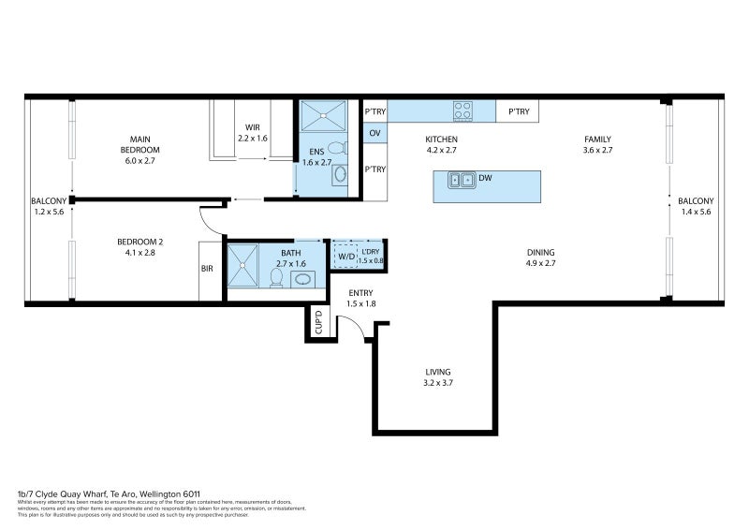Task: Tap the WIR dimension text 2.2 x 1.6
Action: pyautogui.click(x=252, y=139)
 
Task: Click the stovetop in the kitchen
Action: pyautogui.click(x=463, y=111)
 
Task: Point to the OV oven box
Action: pyautogui.click(x=374, y=134)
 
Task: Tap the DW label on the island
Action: pyautogui.click(x=485, y=178)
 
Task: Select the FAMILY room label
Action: pyautogui.click(x=596, y=140)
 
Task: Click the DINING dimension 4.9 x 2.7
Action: pyautogui.click(x=540, y=263)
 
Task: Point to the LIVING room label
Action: pyautogui.click(x=439, y=372)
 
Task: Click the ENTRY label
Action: pyautogui.click(x=360, y=293)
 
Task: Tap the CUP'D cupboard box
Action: pyautogui.click(x=319, y=321)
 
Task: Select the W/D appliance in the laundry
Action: pyautogui.click(x=346, y=256)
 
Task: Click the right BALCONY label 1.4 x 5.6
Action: pyautogui.click(x=695, y=206)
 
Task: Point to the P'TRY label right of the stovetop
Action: pyautogui.click(x=518, y=112)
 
